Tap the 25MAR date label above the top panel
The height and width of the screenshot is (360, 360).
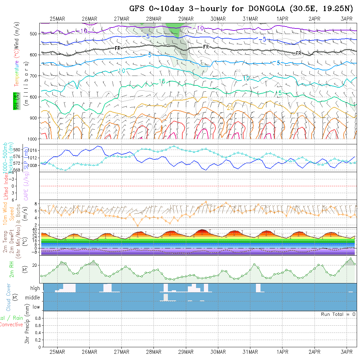pos(57,19)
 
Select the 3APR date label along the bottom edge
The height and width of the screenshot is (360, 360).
pos(347,352)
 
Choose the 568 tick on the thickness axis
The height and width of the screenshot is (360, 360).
pos(16,170)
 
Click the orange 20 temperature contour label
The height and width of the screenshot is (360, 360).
pos(230,108)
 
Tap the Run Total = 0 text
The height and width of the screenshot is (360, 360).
pos(338,314)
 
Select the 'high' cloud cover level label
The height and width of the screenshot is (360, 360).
pos(35,288)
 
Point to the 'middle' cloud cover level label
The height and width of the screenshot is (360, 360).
pos(32,298)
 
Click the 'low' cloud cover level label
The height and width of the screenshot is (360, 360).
pos(36,307)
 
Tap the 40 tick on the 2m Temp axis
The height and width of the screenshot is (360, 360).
pos(36,229)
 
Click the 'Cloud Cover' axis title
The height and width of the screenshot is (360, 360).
pos(9,297)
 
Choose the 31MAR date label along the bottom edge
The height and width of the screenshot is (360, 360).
pos(250,352)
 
